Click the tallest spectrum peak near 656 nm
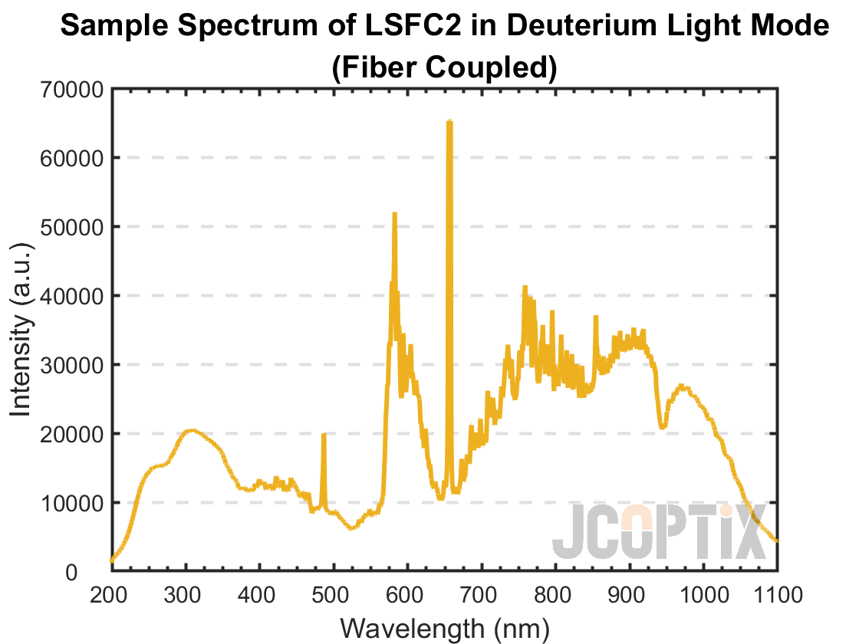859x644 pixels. [449, 122]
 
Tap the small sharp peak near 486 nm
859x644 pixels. [324, 435]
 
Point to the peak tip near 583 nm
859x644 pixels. [394, 214]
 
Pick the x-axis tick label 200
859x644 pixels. [111, 595]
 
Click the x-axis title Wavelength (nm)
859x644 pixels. [445, 628]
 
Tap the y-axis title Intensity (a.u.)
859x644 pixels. [21, 330]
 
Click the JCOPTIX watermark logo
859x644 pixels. [660, 532]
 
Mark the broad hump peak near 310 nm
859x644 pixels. [192, 431]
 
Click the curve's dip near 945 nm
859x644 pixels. [663, 426]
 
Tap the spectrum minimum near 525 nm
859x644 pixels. [351, 528]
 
